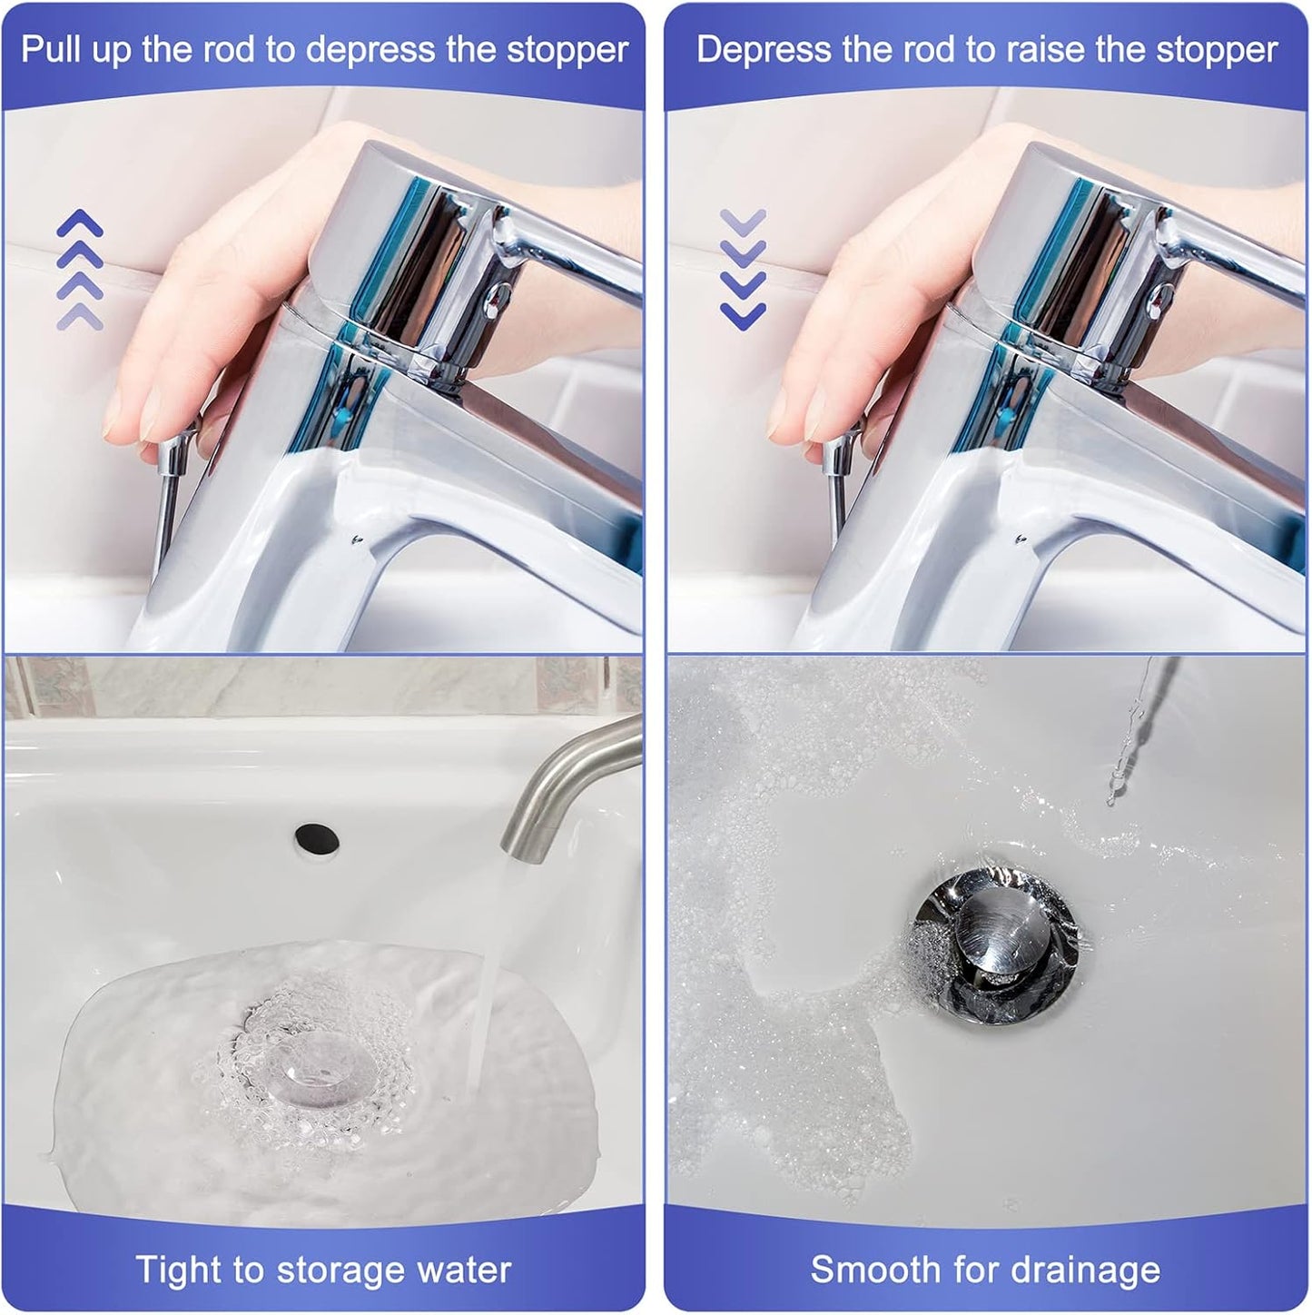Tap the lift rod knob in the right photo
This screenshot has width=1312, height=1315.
pos(837,453)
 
